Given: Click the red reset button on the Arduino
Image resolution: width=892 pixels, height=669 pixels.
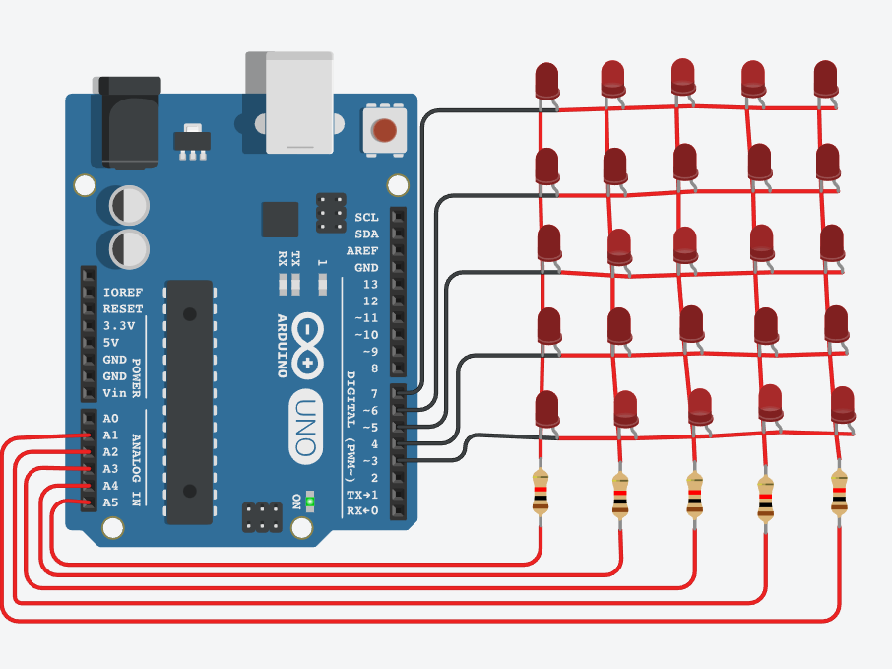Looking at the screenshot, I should tap(384, 130).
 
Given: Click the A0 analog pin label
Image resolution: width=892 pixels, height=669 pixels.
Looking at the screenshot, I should tap(110, 419).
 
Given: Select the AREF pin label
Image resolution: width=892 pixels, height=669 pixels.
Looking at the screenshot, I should tap(362, 250).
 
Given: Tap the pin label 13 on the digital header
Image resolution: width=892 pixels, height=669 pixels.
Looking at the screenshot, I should tap(369, 284).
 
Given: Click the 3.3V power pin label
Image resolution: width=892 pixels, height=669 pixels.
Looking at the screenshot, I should tap(119, 326).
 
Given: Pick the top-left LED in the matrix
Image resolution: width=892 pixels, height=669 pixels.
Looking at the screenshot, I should tap(546, 81).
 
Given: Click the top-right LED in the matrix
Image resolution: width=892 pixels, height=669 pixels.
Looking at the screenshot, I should tap(826, 79).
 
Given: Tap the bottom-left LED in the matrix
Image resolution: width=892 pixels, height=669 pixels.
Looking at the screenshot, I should tap(546, 409).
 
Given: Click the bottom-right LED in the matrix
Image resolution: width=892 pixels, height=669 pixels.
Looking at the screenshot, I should tap(842, 405).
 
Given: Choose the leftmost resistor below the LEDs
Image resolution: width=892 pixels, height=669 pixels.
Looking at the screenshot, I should tap(541, 493).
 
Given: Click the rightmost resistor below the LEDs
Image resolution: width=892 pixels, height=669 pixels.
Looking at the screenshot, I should tap(839, 493).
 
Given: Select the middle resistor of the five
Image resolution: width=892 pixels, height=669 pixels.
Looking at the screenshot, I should tap(695, 496).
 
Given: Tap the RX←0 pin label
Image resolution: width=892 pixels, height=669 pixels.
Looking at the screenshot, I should tap(360, 510).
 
